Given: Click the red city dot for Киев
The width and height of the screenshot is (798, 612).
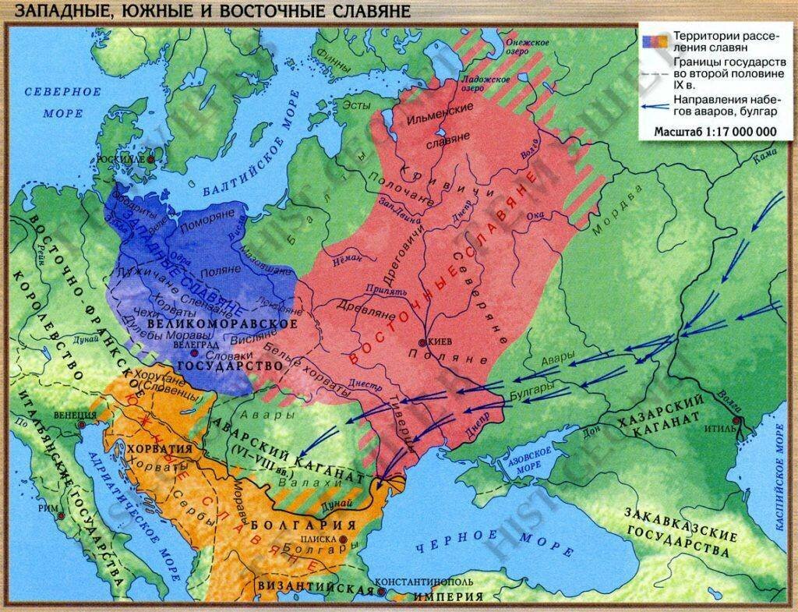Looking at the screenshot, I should coord(422,343).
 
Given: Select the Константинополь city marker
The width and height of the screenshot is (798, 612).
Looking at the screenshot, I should coord(381,592).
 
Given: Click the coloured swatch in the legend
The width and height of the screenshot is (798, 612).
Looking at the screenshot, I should coord(654,37).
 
